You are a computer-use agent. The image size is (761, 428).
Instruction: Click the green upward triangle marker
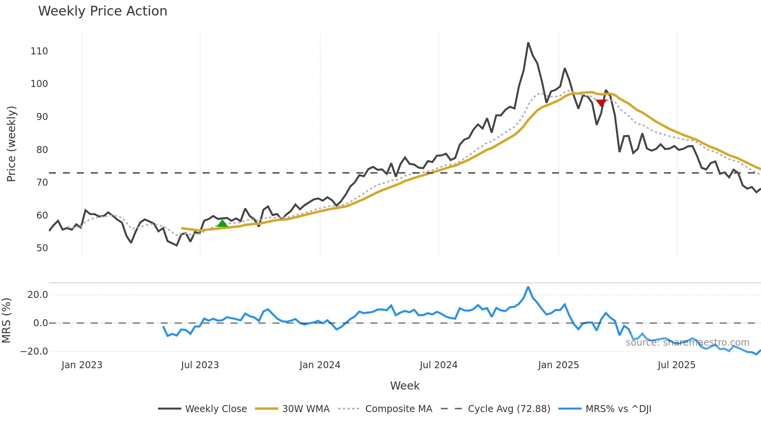click(x=222, y=223)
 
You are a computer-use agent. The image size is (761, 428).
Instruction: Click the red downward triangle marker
click(x=601, y=103)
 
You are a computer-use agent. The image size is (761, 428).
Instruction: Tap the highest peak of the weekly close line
click(x=528, y=43)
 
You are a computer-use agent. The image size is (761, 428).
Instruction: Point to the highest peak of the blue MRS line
click(x=528, y=287)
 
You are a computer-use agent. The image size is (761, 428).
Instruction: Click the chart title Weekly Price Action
click(x=103, y=11)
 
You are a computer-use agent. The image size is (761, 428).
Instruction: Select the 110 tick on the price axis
click(x=39, y=51)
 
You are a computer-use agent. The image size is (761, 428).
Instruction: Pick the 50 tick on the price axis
click(x=42, y=248)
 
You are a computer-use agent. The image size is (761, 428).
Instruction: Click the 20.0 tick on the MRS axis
click(x=38, y=295)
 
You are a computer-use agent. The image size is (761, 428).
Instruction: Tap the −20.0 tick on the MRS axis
click(x=34, y=351)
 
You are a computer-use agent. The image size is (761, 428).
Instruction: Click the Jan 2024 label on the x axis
click(x=320, y=365)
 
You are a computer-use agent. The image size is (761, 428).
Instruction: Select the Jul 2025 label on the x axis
click(x=676, y=365)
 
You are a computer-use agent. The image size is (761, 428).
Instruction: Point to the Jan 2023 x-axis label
click(x=82, y=365)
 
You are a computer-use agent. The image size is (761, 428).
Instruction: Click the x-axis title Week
click(x=405, y=386)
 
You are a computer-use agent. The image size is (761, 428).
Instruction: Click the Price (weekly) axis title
click(x=11, y=144)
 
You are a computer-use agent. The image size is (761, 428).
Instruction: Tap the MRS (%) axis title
click(x=6, y=320)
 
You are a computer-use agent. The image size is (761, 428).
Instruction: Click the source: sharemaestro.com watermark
click(x=687, y=343)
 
